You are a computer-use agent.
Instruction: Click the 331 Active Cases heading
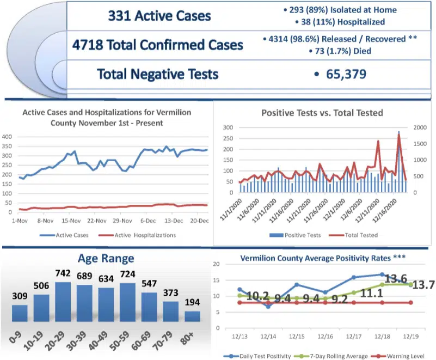[x=159, y=15]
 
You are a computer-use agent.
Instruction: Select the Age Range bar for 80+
[x=192, y=316]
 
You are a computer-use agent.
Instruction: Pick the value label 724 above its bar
[x=128, y=276]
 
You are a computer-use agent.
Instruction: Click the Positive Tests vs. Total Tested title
[x=322, y=113]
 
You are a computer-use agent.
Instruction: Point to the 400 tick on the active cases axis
[x=8, y=137]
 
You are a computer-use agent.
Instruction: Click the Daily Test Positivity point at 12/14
[x=268, y=307]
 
